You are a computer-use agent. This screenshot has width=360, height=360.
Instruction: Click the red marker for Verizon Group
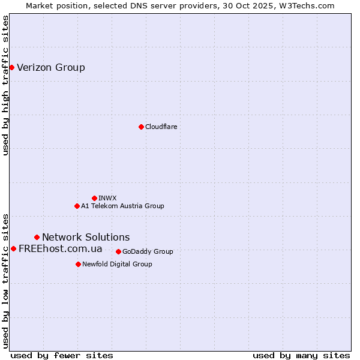coord(11,67)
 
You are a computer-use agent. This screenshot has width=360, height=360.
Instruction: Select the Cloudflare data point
coord(141,127)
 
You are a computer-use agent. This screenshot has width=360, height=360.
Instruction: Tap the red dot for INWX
coord(94,198)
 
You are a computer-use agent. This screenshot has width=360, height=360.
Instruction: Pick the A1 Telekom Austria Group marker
coord(77,206)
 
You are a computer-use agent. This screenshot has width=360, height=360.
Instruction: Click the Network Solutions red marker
coord(37,237)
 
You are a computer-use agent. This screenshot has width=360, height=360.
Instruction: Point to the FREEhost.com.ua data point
coord(13,248)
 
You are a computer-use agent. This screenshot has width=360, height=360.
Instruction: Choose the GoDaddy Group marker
coord(118,251)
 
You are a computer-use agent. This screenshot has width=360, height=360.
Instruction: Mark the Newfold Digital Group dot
coord(78,264)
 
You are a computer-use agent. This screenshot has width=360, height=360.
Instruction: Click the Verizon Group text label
coord(51,67)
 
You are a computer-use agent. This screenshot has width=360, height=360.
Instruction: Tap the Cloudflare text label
coord(161,127)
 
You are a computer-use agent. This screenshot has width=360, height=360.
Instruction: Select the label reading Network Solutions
coord(86,237)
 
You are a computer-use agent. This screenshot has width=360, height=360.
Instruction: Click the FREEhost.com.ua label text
coord(60,248)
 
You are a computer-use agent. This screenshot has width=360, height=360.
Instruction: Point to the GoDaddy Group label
coord(148,251)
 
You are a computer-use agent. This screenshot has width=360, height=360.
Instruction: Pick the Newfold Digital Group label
coord(117,264)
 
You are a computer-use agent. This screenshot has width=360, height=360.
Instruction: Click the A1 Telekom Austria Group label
coord(122,206)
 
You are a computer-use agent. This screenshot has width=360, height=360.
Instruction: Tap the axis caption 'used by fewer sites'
coord(62,355)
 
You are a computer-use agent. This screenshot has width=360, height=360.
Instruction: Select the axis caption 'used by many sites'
coord(301,355)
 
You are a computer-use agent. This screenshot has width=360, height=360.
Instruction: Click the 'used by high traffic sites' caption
coord(6,85)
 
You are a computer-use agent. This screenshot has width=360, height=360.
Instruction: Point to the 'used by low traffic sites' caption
coord(6,280)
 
